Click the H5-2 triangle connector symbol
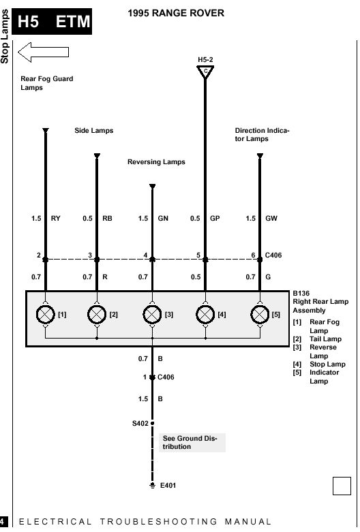pyautogui.click(x=205, y=72)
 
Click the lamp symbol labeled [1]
pyautogui.click(x=46, y=315)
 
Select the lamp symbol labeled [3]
pyautogui.click(x=152, y=315)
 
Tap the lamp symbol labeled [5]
pyautogui.click(x=260, y=315)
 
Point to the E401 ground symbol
pyautogui.click(x=153, y=486)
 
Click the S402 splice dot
pyautogui.click(x=153, y=423)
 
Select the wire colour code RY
pyautogui.click(x=55, y=219)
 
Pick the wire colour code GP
pyautogui.click(x=215, y=219)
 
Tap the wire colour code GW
pyautogui.click(x=271, y=219)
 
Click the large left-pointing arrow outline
pyautogui.click(x=44, y=52)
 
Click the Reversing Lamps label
pyautogui.click(x=156, y=162)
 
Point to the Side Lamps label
pyautogui.click(x=93, y=131)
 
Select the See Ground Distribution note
pyautogui.click(x=190, y=443)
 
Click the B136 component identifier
pyautogui.click(x=301, y=293)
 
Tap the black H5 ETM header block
pyautogui.click(x=52, y=21)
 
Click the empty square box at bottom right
pyautogui.click(x=342, y=486)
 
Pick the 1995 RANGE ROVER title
pyautogui.click(x=176, y=13)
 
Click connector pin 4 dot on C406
pyautogui.click(x=152, y=260)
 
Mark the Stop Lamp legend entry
pyautogui.click(x=319, y=364)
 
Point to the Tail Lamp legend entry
pyautogui.click(x=317, y=339)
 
